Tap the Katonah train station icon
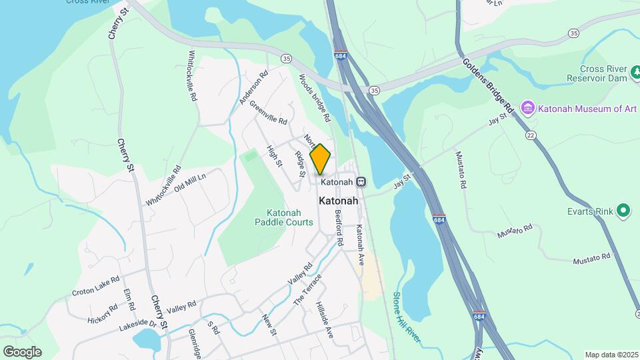361,181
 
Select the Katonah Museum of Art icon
529,108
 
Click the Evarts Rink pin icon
623,211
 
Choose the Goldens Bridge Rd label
489,85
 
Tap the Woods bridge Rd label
315,97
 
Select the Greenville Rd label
268,113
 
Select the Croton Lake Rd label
96,285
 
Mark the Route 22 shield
531,135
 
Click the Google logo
22,352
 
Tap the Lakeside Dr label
138,325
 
